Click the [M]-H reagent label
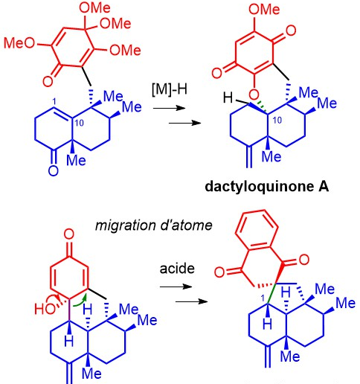pyautogui.click(x=170, y=89)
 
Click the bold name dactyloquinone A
pyautogui.click(x=267, y=187)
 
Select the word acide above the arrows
pyautogui.click(x=177, y=269)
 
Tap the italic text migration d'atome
pyautogui.click(x=154, y=225)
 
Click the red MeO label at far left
pyautogui.click(x=19, y=43)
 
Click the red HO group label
pyautogui.click(x=45, y=309)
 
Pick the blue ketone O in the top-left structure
pyautogui.click(x=54, y=171)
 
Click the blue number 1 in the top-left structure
pyautogui.click(x=54, y=102)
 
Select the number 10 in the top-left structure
pyautogui.click(x=79, y=123)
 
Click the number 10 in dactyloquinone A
pyautogui.click(x=277, y=120)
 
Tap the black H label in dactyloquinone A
pyautogui.click(x=228, y=97)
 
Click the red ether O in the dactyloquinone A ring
pyautogui.click(x=254, y=95)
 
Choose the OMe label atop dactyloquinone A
pyautogui.click(x=264, y=10)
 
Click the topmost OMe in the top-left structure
pyautogui.click(x=94, y=8)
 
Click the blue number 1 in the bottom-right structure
pyautogui.click(x=263, y=298)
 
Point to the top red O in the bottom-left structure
pyautogui.click(x=69, y=234)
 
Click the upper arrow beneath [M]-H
pyautogui.click(x=170, y=108)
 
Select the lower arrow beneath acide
pyautogui.click(x=192, y=301)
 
